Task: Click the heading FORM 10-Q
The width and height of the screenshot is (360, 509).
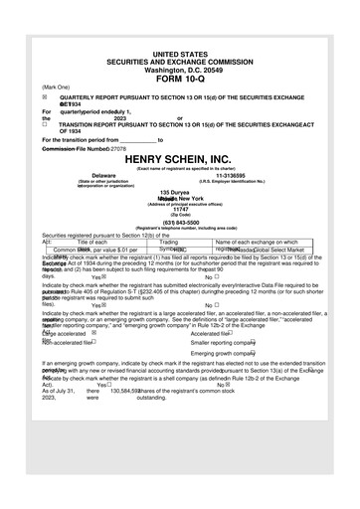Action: (x=179, y=79)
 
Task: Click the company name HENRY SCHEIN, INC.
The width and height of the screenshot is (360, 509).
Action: (x=179, y=159)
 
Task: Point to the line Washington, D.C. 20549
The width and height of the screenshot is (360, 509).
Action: (x=179, y=70)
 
